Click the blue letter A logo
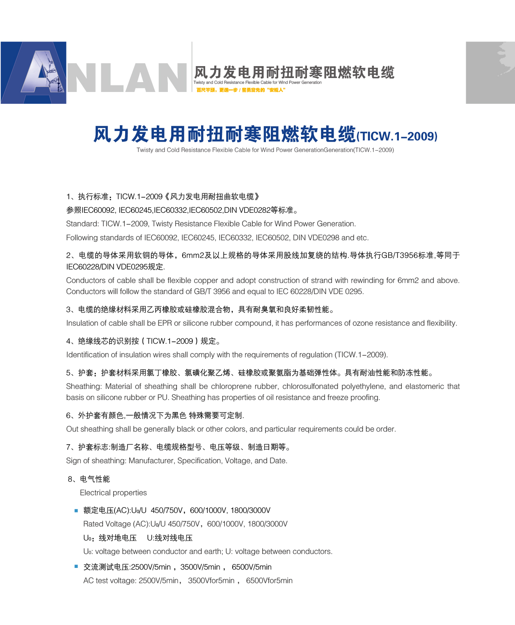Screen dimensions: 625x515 (x=34, y=73)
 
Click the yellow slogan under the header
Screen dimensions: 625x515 (x=240, y=90)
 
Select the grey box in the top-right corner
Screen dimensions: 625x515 (x=490, y=73)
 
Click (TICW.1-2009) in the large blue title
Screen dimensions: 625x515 (x=397, y=136)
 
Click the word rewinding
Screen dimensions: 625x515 (x=368, y=280)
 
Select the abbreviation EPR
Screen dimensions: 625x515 (x=165, y=323)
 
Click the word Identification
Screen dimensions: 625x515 (x=87, y=355)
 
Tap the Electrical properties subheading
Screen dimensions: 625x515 (x=113, y=493)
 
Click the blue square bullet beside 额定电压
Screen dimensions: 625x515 (x=76, y=510)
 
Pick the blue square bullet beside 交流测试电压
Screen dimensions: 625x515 (x=76, y=567)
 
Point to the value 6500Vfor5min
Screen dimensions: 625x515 (x=269, y=581)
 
